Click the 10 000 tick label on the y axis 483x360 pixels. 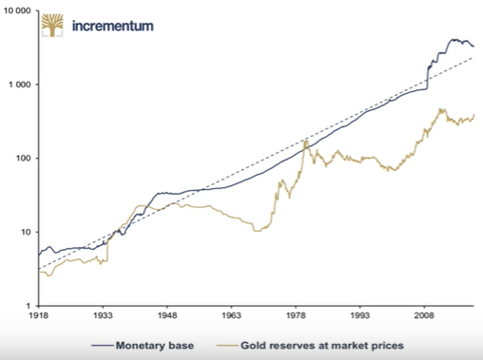click(17, 10)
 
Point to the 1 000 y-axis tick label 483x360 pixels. click(20, 85)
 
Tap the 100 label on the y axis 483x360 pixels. click(24, 159)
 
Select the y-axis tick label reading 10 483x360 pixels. click(26, 232)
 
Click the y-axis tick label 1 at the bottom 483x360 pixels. click(29, 306)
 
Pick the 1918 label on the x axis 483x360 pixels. click(39, 315)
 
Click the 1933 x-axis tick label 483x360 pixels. click(103, 315)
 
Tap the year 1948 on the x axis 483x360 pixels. click(167, 315)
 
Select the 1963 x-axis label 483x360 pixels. click(232, 315)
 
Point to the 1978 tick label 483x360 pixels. click(296, 315)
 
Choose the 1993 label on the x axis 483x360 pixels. click(360, 315)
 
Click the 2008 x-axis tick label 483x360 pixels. click(425, 315)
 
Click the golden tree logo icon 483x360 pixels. click(52, 25)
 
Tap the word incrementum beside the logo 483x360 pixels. click(113, 26)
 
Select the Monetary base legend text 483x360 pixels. click(155, 346)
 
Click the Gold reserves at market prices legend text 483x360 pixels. click(322, 346)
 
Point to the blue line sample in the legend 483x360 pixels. click(102, 346)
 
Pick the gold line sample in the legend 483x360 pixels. click(227, 346)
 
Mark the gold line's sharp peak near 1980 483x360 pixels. click(305, 142)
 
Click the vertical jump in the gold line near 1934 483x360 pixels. click(107, 251)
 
